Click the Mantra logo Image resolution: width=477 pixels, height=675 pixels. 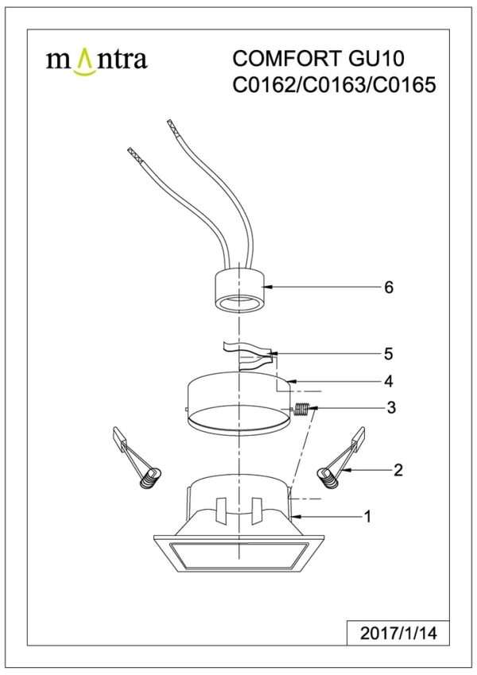click(96, 61)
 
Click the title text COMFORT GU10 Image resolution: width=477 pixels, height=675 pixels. click(319, 59)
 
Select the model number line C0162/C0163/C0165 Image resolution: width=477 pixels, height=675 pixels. click(334, 85)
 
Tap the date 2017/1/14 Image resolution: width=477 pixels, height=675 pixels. click(398, 633)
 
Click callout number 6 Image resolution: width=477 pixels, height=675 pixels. click(389, 287)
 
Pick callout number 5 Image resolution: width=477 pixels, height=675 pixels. click(389, 354)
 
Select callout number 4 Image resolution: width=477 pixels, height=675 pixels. click(389, 381)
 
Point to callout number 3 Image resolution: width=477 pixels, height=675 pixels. click(391, 407)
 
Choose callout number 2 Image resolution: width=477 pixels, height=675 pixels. click(398, 470)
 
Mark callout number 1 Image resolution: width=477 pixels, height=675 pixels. click(367, 516)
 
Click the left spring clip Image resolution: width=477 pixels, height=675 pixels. click(135, 456)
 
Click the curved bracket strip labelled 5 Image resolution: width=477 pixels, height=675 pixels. click(249, 356)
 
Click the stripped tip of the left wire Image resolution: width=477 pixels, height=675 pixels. click(134, 155)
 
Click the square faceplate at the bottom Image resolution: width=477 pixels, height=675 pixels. click(238, 553)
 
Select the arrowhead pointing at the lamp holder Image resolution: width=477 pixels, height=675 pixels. click(268, 287)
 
